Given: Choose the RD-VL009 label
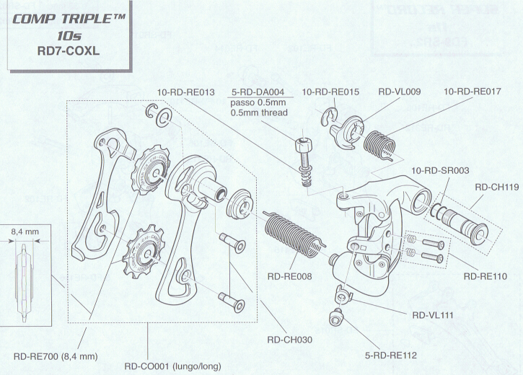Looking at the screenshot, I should click(399, 92).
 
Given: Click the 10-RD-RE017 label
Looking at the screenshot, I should click(473, 92).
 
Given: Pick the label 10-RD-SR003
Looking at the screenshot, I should click(440, 171).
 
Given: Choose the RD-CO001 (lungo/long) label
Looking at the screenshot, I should click(172, 366).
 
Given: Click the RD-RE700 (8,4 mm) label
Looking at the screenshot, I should click(56, 356).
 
